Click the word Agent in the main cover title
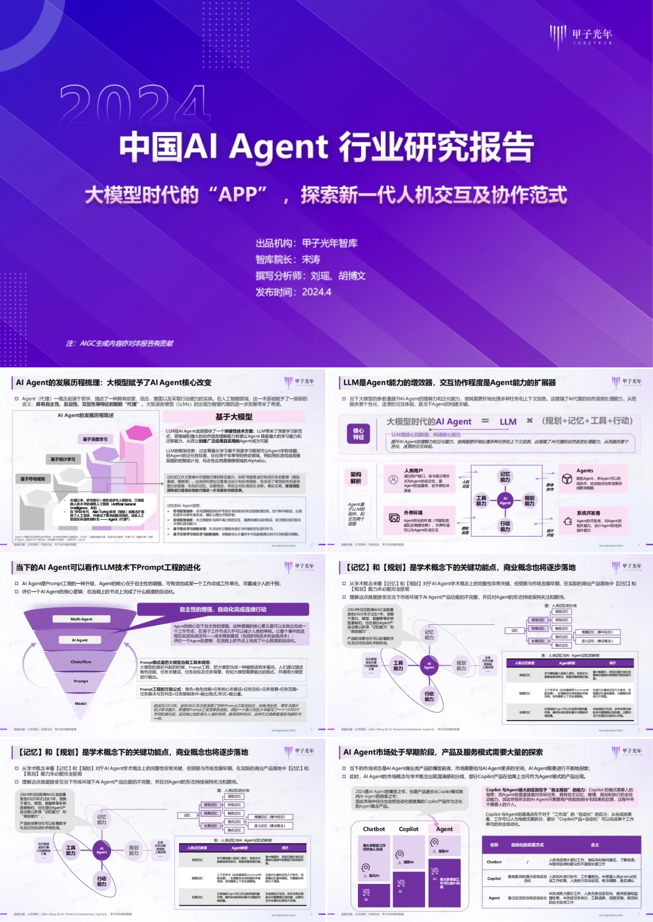(x=279, y=147)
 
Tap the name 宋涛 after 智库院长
(x=311, y=260)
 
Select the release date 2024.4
(x=316, y=292)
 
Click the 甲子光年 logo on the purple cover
(x=581, y=36)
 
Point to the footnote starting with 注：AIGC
(x=120, y=344)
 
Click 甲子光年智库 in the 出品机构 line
(x=330, y=243)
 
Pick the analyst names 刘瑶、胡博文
(x=338, y=276)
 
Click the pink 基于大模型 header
(x=234, y=417)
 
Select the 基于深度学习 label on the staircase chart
(x=96, y=439)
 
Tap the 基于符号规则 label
(x=33, y=479)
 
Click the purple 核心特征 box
(x=359, y=434)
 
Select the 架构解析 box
(x=356, y=478)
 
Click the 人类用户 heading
(x=414, y=471)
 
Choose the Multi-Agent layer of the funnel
(x=82, y=619)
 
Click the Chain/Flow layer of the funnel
(x=81, y=662)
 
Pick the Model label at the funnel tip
(x=81, y=704)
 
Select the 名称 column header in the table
(x=494, y=845)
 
